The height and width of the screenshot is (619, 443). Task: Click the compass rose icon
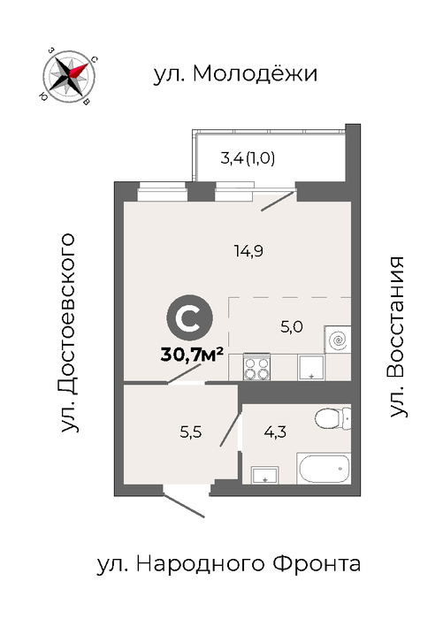click(x=69, y=76)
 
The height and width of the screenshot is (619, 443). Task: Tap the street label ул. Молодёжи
click(x=235, y=73)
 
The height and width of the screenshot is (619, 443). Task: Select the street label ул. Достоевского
click(x=67, y=332)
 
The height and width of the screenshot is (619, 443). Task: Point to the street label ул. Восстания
click(x=397, y=337)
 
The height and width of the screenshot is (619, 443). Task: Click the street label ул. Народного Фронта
click(x=229, y=564)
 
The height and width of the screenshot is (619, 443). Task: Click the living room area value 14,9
click(x=248, y=251)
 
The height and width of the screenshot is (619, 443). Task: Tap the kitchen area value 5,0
click(x=292, y=327)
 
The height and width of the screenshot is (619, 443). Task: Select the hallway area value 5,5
click(x=191, y=432)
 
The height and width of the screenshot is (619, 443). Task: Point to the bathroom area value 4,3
click(x=275, y=432)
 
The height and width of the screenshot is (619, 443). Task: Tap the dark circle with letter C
click(x=190, y=317)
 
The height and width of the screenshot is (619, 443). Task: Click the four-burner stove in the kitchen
click(x=256, y=367)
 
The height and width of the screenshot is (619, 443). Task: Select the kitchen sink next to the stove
click(x=311, y=368)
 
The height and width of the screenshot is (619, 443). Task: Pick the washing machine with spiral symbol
click(x=338, y=339)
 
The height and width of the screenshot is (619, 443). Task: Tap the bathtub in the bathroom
click(x=324, y=468)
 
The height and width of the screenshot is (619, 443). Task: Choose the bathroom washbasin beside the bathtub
click(x=265, y=475)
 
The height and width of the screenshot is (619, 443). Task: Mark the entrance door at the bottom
click(x=184, y=505)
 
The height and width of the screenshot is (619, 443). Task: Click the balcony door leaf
click(x=278, y=201)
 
